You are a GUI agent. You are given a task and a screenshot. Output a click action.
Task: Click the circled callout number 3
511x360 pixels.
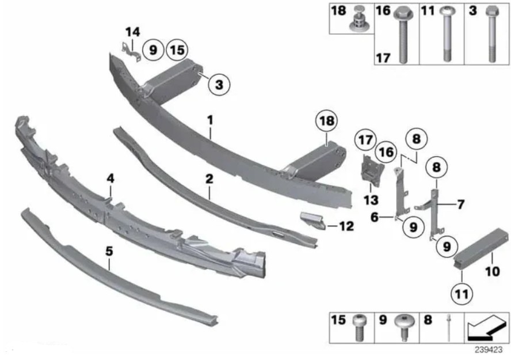click(x=219, y=85)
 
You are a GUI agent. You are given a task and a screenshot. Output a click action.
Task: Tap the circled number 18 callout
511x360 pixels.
click(x=326, y=120)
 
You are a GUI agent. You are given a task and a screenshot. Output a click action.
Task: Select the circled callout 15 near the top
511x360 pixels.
click(x=177, y=50)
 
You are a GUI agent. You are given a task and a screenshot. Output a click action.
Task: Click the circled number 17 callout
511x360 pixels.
click(x=365, y=140)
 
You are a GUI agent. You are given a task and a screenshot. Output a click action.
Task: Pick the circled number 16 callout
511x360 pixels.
click(x=386, y=152)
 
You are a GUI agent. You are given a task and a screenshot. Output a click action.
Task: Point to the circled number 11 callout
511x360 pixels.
click(x=462, y=294)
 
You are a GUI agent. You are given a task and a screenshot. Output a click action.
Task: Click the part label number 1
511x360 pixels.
click(x=210, y=120)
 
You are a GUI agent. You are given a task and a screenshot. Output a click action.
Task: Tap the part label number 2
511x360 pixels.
click(x=209, y=179)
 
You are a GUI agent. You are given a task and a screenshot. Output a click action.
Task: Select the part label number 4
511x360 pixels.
click(x=110, y=179)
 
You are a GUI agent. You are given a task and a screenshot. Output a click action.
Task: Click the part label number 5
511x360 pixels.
click(x=109, y=251)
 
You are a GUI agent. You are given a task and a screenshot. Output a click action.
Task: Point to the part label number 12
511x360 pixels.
click(x=346, y=226)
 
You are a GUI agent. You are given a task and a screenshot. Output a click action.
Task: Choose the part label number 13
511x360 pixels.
click(x=371, y=200)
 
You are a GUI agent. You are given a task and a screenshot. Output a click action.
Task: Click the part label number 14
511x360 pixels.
click(x=132, y=32)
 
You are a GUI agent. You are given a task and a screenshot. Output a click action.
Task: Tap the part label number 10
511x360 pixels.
click(x=492, y=271)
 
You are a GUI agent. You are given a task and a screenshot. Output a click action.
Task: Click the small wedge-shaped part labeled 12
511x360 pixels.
click(x=312, y=221)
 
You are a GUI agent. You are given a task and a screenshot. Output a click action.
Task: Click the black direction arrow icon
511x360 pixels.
click(x=487, y=327)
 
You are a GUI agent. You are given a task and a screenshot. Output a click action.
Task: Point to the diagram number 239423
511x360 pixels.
click(x=489, y=350)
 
